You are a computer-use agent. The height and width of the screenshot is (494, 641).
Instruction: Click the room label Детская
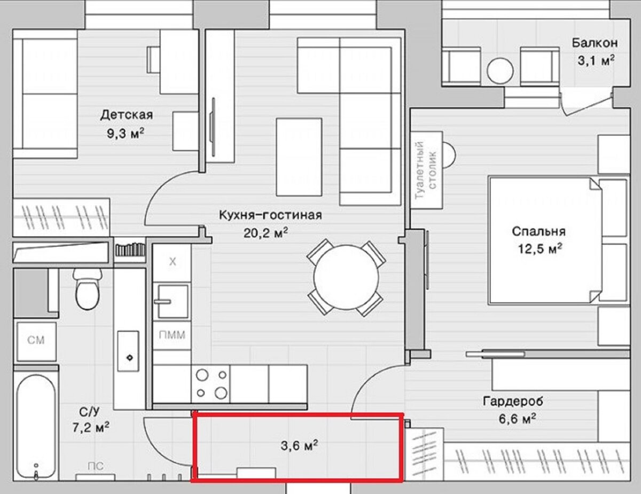click(x=127, y=115)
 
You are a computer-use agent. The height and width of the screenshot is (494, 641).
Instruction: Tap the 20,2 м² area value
click(x=265, y=233)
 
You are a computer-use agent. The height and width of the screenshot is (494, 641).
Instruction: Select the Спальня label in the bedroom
click(x=538, y=232)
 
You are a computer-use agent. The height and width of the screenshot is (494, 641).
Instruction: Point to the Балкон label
click(x=595, y=43)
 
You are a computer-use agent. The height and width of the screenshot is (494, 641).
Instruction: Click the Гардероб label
click(x=513, y=402)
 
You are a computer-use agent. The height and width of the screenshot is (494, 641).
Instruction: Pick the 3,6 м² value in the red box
click(x=300, y=445)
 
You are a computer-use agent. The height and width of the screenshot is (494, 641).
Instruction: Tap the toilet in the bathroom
click(x=88, y=288)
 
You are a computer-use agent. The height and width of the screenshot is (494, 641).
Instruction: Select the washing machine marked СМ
click(x=36, y=341)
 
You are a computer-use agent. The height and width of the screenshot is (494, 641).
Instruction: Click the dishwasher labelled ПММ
click(x=172, y=335)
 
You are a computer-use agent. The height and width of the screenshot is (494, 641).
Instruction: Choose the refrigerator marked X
click(x=172, y=262)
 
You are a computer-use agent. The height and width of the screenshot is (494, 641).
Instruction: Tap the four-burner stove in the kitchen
click(x=210, y=384)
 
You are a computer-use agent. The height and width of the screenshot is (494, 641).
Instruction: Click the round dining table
click(x=346, y=277)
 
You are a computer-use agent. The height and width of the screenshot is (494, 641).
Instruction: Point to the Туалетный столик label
click(x=426, y=170)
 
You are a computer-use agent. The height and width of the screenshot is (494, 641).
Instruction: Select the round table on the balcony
click(x=500, y=71)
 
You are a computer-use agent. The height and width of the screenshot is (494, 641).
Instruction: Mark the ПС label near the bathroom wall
click(x=96, y=466)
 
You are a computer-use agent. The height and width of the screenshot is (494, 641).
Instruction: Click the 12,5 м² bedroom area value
click(x=540, y=249)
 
